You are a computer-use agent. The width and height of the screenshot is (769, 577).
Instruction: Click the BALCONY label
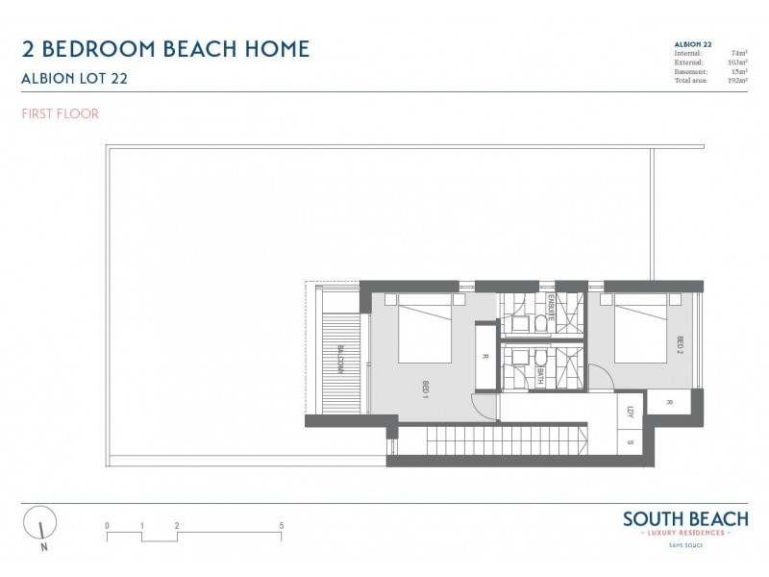339,361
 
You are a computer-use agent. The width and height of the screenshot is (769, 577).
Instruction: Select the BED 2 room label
679,344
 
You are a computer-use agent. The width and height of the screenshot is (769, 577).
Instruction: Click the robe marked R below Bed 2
667,402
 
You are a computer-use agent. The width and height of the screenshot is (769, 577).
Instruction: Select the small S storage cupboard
631,442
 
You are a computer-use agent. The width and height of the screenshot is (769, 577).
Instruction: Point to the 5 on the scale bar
281,526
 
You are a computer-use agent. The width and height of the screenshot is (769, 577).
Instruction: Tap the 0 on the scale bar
108,526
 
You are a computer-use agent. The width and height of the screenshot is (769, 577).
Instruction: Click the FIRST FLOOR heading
59,113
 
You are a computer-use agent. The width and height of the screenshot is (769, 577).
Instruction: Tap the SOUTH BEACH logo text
684,519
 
